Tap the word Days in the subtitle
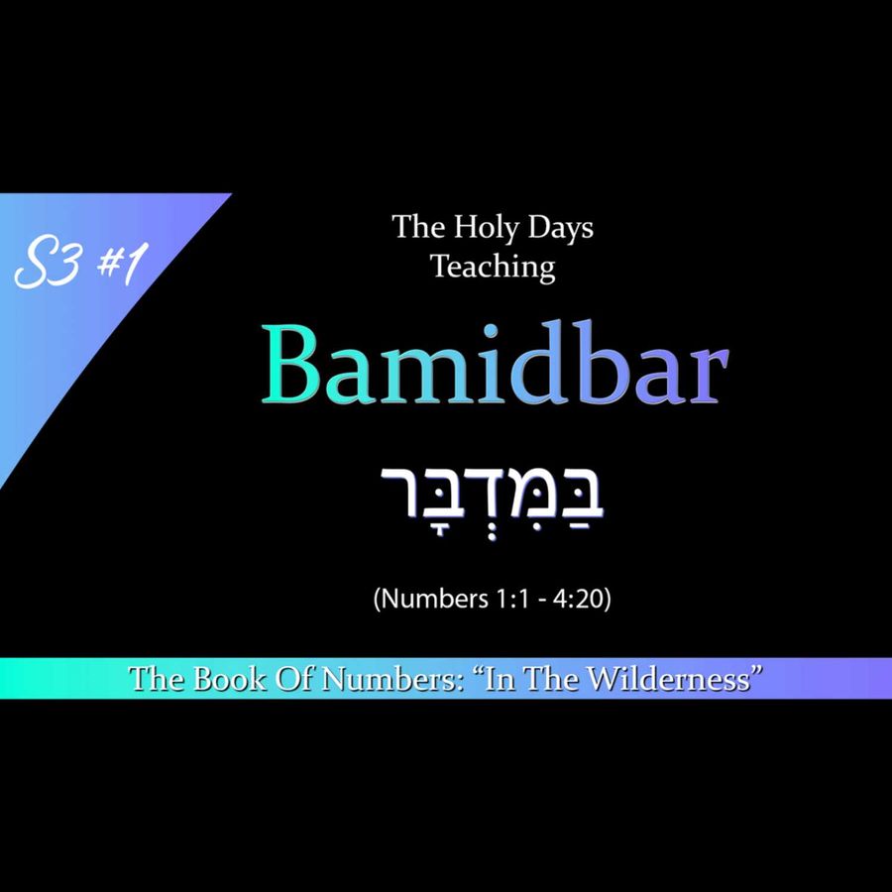(561, 229)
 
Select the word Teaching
(494, 268)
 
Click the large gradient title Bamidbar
(495, 364)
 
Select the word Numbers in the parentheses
(431, 599)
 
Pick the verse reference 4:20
(579, 599)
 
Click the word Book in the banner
(229, 679)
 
